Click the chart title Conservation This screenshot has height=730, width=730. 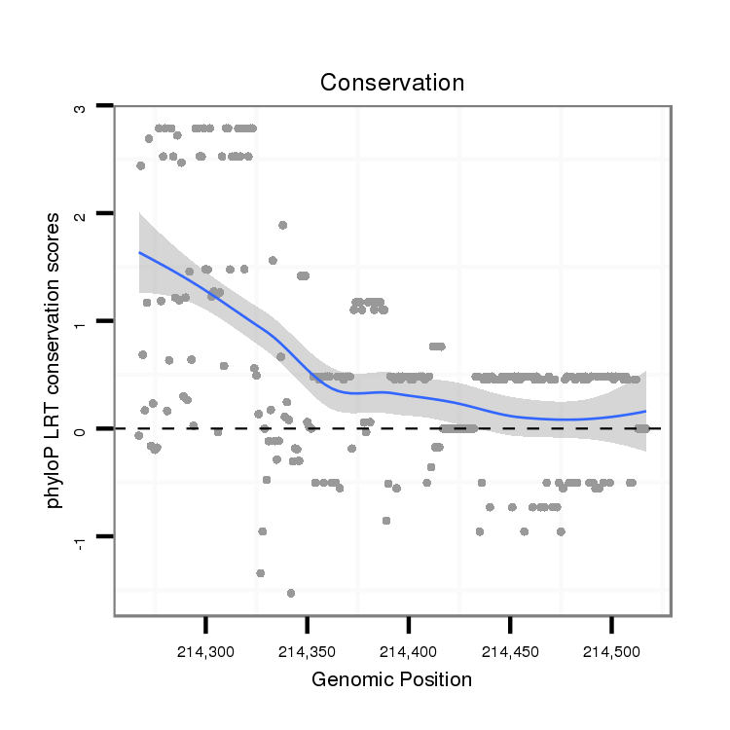(392, 83)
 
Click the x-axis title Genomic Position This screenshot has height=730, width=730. (391, 679)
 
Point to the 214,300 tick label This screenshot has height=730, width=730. (205, 649)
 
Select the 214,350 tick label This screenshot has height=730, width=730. (307, 649)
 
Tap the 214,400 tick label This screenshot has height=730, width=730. (409, 649)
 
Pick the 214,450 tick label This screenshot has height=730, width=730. (510, 649)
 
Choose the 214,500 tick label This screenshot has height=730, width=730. (611, 649)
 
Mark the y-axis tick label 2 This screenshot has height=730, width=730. (80, 213)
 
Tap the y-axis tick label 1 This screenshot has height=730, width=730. (80, 321)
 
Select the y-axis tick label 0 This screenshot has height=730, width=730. (80, 428)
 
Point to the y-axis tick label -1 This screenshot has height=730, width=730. (80, 538)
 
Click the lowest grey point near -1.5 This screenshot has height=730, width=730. (290, 593)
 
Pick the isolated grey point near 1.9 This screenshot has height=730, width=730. (282, 225)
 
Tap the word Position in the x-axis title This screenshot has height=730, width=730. (436, 679)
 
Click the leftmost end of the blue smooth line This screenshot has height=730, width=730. (139, 252)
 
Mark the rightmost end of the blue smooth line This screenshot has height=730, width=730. (645, 412)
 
